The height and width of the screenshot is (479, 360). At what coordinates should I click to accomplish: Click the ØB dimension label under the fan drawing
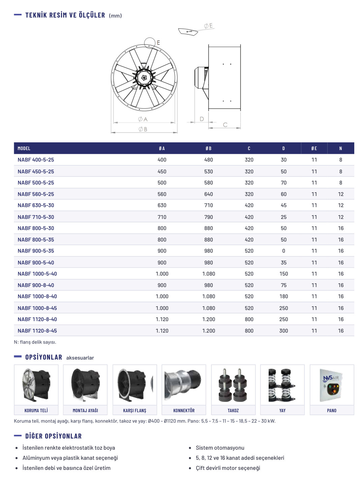[143, 129]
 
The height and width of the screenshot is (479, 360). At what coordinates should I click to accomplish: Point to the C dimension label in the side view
[225, 125]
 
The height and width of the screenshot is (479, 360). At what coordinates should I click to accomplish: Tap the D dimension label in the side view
[202, 119]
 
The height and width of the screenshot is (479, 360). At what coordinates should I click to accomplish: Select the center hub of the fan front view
[144, 78]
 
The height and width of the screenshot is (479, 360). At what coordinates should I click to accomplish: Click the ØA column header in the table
[162, 148]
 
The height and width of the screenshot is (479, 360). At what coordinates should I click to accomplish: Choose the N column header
[340, 148]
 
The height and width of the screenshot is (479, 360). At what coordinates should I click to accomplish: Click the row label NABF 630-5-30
[36, 205]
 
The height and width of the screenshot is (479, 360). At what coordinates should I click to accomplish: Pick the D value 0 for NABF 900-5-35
[283, 251]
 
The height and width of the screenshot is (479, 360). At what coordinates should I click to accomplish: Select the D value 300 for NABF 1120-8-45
[283, 331]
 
